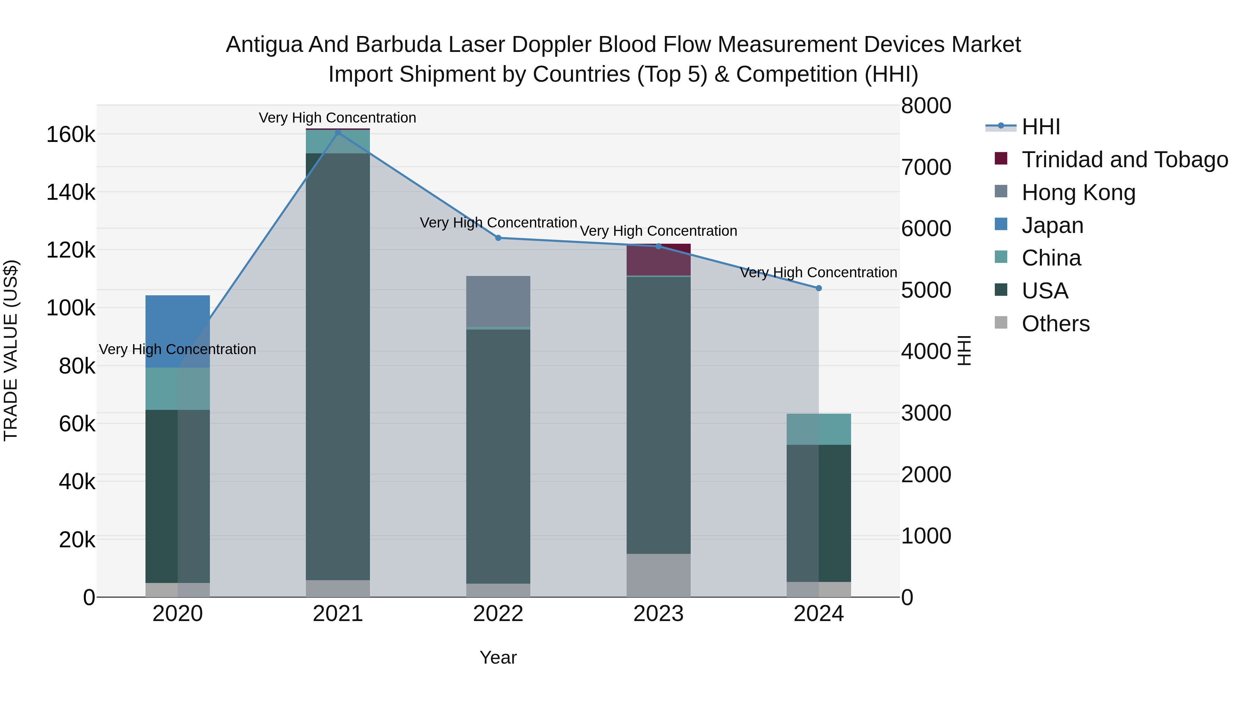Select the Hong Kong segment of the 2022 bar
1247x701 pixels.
(x=498, y=301)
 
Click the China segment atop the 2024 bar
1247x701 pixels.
(x=818, y=429)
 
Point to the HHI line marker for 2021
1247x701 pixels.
(x=338, y=133)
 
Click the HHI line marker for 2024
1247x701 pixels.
(x=819, y=288)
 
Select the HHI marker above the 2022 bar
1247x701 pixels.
(x=498, y=238)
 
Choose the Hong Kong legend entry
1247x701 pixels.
(x=1078, y=192)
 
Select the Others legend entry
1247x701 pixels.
(x=1055, y=324)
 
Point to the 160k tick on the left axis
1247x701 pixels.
(x=71, y=135)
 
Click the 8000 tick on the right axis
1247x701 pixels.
(x=926, y=106)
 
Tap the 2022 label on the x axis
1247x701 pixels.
(x=498, y=614)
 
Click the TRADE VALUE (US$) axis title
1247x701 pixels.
(x=11, y=350)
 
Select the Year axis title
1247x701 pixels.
(x=498, y=657)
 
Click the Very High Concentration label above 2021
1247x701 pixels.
(x=337, y=118)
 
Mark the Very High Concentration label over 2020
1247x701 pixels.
(x=177, y=349)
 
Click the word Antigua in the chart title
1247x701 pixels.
(x=264, y=45)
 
